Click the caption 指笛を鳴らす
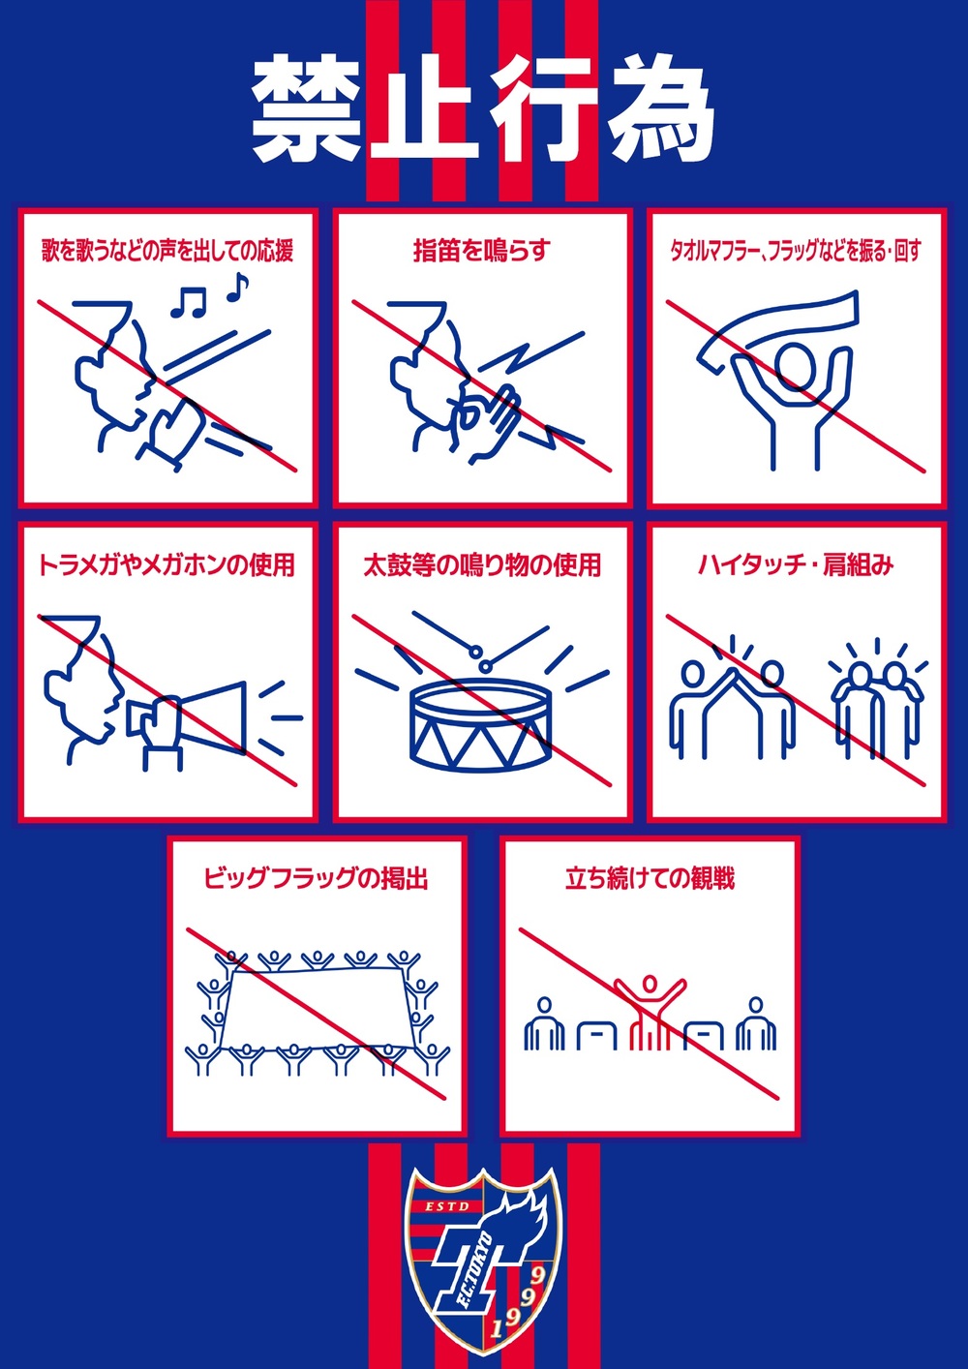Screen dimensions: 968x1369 point(482,251)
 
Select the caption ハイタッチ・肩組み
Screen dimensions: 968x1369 point(796,565)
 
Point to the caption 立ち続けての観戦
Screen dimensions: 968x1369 point(650,879)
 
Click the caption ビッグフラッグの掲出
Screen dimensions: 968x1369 point(316,879)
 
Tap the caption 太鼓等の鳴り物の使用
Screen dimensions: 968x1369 point(482,565)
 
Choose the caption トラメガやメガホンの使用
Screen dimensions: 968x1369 point(166,565)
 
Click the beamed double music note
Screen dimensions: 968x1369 point(188,302)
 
